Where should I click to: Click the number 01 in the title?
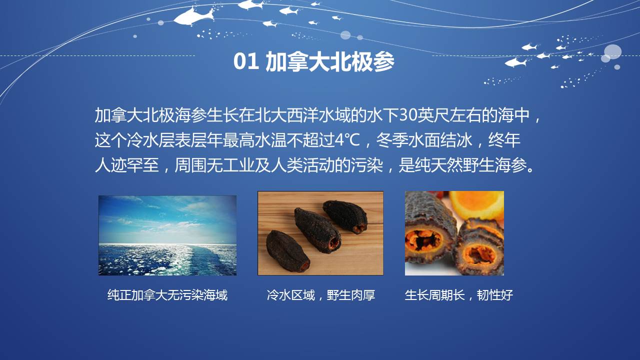click(246, 61)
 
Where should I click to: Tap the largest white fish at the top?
click(193, 16)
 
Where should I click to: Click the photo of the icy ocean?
click(167, 235)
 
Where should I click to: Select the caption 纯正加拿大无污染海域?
click(167, 295)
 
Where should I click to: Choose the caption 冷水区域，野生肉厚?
click(320, 295)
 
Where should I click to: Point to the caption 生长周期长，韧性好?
click(459, 295)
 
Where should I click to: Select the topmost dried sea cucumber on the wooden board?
click(345, 216)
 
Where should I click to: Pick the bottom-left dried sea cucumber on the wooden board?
click(287, 251)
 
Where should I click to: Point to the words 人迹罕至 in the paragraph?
click(126, 165)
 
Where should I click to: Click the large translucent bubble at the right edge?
click(612, 52)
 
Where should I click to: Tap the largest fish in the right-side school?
click(515, 62)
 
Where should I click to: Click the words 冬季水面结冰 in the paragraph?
click(423, 140)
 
